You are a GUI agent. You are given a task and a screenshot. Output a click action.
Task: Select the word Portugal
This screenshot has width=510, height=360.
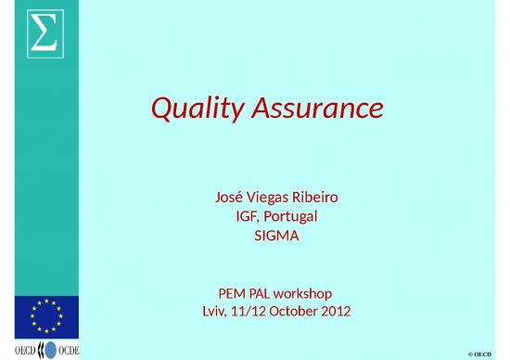tap(292, 216)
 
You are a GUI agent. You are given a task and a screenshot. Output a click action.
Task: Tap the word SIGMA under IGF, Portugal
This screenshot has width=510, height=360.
tap(276, 236)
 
